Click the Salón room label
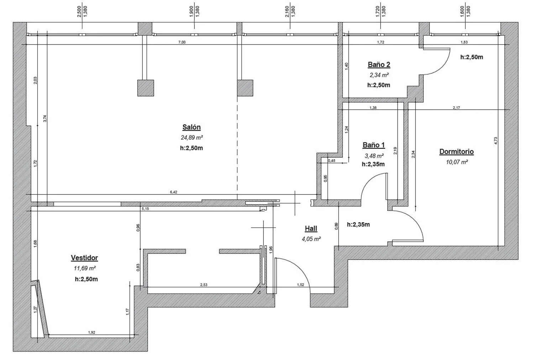[x=192, y=127]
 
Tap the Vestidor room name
[x=84, y=258]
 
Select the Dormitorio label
[x=456, y=152]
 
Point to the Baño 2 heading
[x=379, y=64]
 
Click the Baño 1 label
[x=374, y=145]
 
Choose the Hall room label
[x=311, y=229]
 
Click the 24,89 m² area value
[x=192, y=137]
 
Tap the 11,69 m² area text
[x=85, y=268]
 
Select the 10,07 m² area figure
[x=457, y=162]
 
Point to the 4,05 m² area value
[x=311, y=239]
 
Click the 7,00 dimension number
[x=182, y=42]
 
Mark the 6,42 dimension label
[x=174, y=192]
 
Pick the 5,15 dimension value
[x=145, y=209]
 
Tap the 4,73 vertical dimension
[x=496, y=141]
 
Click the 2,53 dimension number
[x=204, y=285]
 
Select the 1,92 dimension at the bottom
[x=91, y=332]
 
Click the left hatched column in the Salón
[x=146, y=88]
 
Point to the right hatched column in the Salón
[x=245, y=88]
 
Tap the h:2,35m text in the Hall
[x=358, y=225]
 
